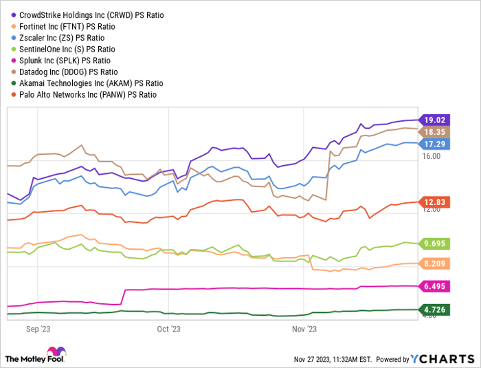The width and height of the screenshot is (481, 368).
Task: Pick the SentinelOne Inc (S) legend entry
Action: coord(72,50)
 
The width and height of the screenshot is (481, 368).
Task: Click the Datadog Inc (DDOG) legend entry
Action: coord(74,72)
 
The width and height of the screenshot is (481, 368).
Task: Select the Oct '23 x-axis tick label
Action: coord(168,329)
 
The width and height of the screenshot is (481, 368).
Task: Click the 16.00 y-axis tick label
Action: coord(432,156)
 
